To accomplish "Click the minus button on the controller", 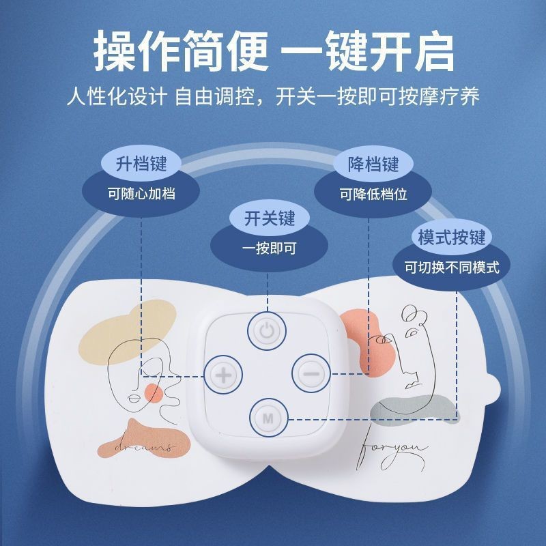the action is point(311,373).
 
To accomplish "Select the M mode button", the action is point(268,415).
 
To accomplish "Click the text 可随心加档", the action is point(141,194).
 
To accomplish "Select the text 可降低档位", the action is point(373,195).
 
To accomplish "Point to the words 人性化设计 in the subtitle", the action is point(117,95).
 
